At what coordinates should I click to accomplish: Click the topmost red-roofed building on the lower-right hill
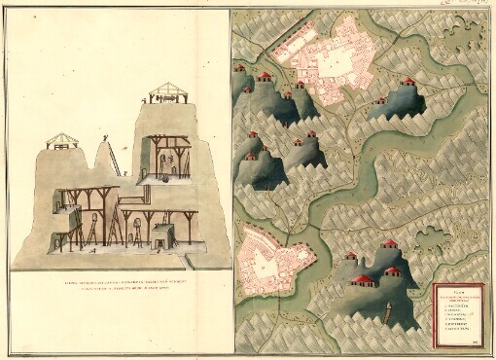[389, 243]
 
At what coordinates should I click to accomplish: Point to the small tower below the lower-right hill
[387, 316]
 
